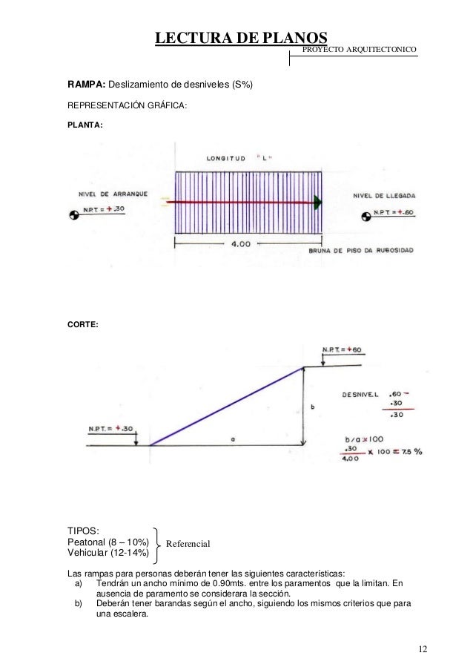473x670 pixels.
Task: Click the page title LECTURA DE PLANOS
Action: [241, 38]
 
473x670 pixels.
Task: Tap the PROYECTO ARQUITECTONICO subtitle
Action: [359, 49]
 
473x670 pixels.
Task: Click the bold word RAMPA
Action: [86, 84]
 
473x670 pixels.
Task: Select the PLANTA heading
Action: [85, 125]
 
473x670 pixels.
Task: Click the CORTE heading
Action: [83, 324]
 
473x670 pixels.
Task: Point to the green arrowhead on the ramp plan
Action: [317, 203]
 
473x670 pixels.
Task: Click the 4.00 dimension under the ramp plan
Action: [241, 244]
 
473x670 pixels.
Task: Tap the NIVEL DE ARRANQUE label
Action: [113, 194]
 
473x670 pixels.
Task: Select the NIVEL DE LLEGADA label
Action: [384, 196]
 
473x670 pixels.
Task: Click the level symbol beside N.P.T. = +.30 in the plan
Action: [74, 214]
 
